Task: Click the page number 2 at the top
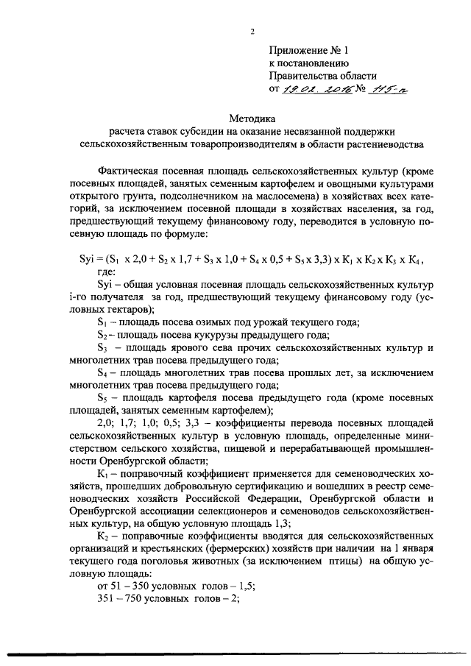(x=252, y=31)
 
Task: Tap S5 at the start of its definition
(x=103, y=398)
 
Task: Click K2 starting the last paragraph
(x=103, y=538)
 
